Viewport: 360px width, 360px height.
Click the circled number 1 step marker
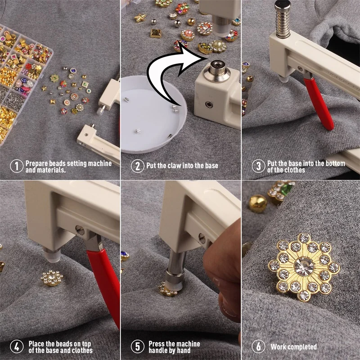[x=16, y=166]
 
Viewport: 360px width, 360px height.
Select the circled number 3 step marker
[x=258, y=166]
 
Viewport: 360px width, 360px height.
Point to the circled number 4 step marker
[x=16, y=347]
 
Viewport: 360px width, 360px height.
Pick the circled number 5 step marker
[x=137, y=347]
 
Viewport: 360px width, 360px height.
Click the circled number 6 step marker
[x=258, y=347]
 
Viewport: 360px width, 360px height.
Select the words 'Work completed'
[x=293, y=347]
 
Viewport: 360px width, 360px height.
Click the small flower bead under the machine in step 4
[x=50, y=279]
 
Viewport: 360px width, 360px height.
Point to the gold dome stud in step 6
[x=257, y=202]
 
